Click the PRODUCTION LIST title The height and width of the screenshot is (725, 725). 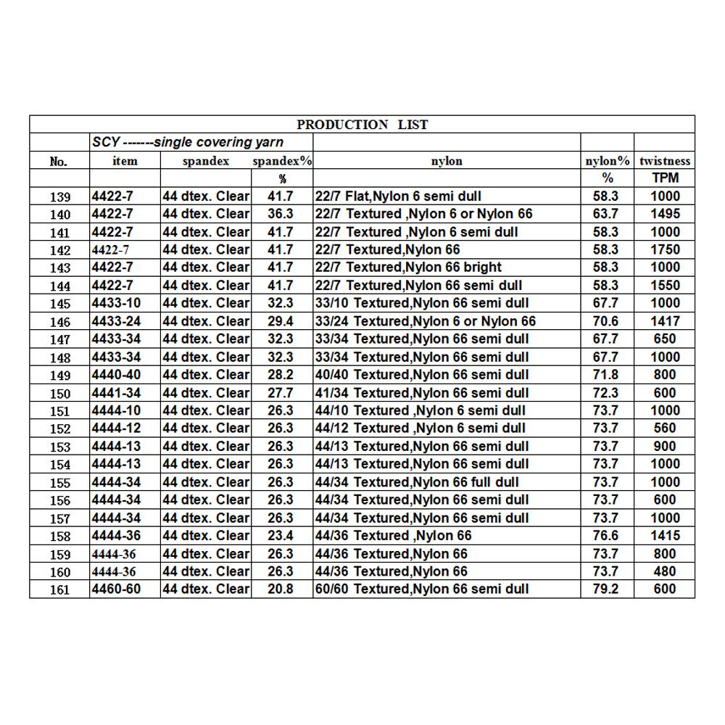click(362, 124)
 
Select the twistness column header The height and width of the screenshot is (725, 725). click(664, 161)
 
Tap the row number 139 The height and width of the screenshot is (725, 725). click(60, 197)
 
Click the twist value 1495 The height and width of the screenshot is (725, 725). click(664, 214)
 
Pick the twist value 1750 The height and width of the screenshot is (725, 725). click(664, 249)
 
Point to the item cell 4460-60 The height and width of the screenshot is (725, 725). click(117, 589)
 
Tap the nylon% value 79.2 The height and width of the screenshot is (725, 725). click(607, 589)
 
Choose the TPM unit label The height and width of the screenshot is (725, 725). click(664, 178)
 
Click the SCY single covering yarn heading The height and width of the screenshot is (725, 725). click(188, 142)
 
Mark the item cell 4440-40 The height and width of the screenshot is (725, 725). click(117, 375)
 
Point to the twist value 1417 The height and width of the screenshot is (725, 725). click(664, 321)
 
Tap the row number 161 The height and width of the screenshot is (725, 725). click(60, 590)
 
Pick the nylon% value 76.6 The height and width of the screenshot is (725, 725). click(607, 536)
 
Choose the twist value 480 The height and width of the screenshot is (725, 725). click(664, 571)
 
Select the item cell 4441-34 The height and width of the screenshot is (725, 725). click(117, 393)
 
